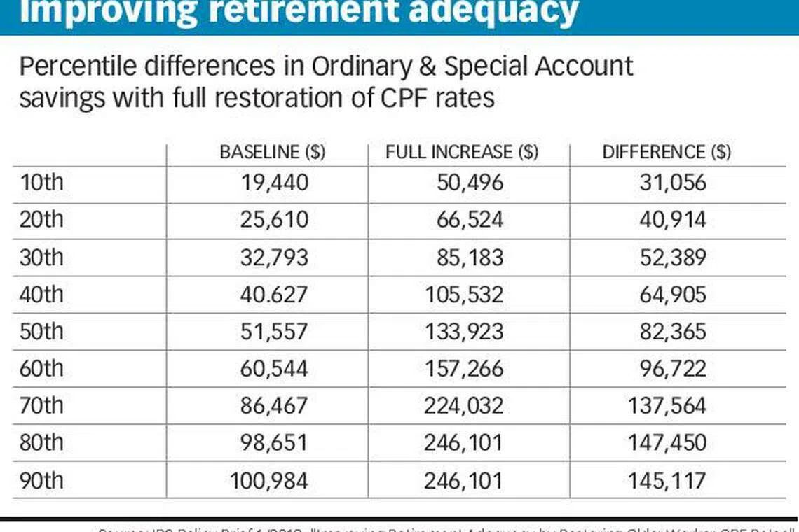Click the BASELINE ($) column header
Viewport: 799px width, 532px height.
coord(272,152)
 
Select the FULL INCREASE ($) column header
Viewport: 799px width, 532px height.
coord(462,152)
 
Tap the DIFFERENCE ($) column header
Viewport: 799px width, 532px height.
coord(666,152)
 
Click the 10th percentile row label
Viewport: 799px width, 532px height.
coord(41,183)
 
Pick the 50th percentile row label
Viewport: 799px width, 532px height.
coord(41,331)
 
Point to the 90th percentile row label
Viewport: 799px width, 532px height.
coord(41,480)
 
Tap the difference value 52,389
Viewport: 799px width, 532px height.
coord(672,257)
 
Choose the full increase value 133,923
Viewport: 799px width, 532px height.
coord(463,331)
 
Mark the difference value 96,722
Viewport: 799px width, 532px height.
coord(672,368)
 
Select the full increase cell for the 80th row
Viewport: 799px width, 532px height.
coord(463,443)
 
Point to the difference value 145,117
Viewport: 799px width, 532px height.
coord(667,480)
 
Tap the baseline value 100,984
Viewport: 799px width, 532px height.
coord(269,480)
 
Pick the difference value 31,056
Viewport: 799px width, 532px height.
coord(672,183)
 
